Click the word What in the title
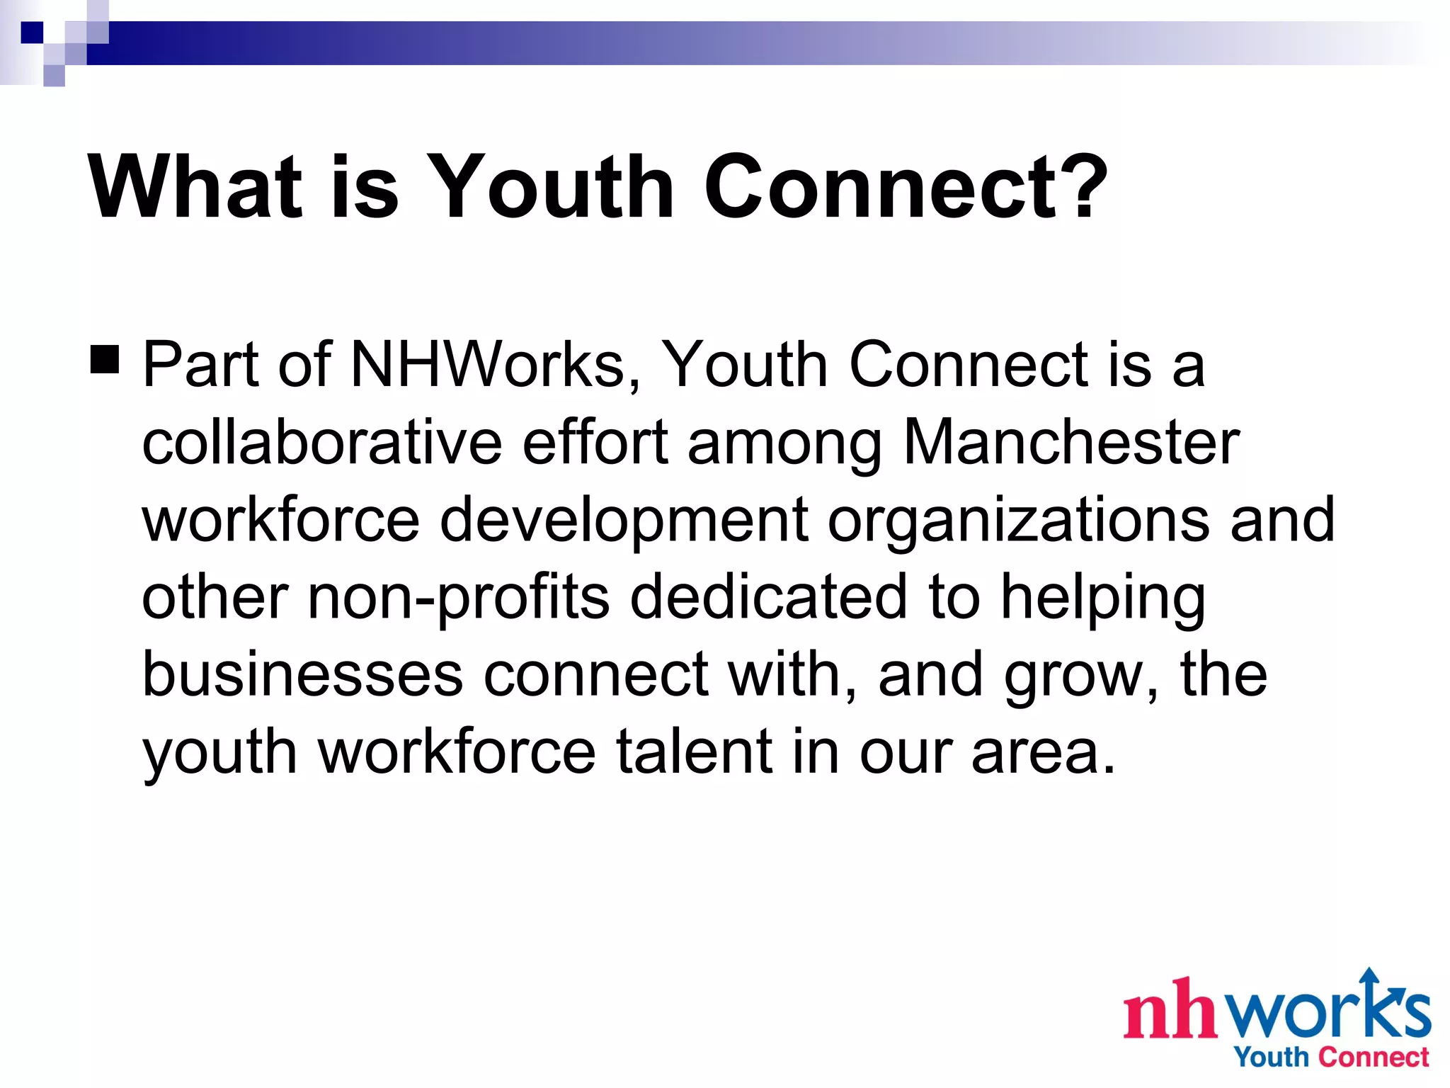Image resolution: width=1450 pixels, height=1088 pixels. pos(195,187)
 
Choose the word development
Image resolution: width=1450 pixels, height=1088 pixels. pos(624,521)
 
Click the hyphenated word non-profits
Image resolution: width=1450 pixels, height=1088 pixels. pos(459,598)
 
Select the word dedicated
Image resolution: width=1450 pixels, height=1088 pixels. pos(768,596)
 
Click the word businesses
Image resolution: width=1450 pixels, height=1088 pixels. pos(302,674)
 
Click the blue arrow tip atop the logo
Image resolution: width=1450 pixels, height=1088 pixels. pos(1369,976)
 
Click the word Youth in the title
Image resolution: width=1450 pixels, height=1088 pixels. pos(549,187)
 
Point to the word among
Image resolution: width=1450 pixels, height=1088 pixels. pos(784,443)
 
